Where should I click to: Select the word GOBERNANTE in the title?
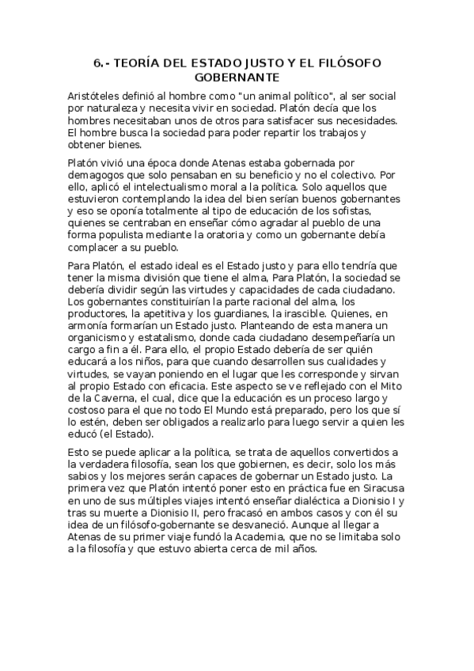[x=237, y=78]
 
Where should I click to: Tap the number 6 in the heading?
[x=97, y=63]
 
